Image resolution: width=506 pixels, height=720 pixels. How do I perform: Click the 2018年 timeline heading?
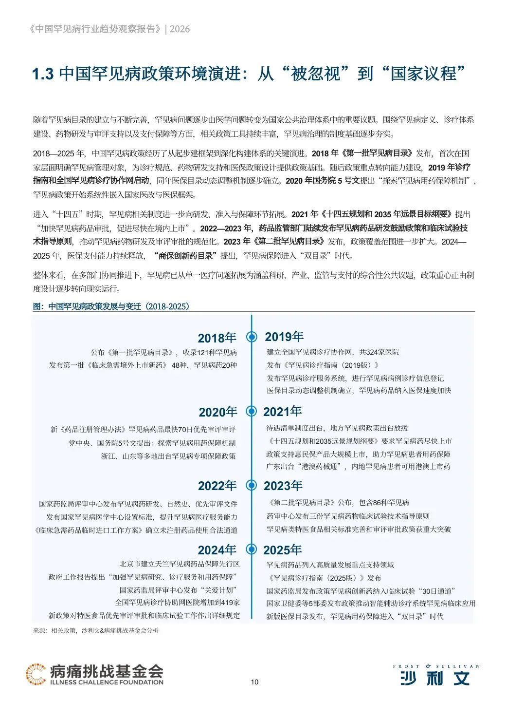[217, 338]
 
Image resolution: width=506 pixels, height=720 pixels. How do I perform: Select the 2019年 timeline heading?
[284, 337]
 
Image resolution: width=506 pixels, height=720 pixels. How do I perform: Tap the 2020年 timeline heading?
[218, 412]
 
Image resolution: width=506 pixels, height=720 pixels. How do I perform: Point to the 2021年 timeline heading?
[283, 412]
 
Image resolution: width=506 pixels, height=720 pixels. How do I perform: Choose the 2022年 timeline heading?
[217, 486]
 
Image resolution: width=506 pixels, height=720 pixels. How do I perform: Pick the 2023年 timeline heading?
[283, 486]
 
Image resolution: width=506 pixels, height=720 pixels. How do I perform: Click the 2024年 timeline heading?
[217, 550]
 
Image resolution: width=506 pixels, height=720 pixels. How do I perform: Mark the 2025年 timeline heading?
[283, 550]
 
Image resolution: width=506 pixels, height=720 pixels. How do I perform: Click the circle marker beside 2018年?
[252, 337]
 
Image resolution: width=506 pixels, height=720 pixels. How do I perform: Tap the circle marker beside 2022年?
[252, 485]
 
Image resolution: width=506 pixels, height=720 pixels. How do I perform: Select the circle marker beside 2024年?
[252, 549]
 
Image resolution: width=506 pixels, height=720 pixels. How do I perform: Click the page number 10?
[254, 682]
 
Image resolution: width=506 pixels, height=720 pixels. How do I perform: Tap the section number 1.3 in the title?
[42, 74]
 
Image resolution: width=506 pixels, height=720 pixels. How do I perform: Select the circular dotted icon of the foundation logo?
[36, 674]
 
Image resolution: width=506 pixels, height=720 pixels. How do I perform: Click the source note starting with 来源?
[96, 630]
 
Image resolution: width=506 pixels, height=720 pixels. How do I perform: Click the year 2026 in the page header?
[180, 29]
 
